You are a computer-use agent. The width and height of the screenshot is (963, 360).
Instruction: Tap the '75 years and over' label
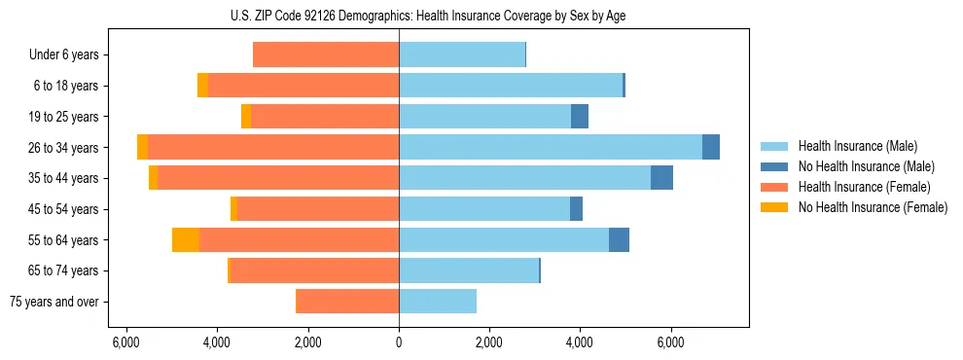point(54,302)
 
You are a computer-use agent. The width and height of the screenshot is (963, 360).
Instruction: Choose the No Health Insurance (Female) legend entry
point(873,207)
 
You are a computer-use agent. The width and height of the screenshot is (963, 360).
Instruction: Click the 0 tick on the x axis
point(399,342)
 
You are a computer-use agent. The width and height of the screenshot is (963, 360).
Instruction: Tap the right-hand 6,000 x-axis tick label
point(671,342)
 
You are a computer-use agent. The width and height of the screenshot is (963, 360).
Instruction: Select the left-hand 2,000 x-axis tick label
point(307,342)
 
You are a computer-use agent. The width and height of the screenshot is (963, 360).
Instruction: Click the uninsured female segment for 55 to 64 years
point(186,239)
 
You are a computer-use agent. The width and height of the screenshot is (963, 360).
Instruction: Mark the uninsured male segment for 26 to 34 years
point(711,147)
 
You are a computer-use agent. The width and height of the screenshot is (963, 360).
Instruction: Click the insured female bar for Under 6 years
point(326,54)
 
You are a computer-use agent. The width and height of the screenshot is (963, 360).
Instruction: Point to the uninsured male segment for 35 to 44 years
point(661,178)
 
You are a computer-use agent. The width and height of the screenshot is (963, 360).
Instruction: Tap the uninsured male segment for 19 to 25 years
point(580,117)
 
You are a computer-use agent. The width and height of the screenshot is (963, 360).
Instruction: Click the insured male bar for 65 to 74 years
point(469,270)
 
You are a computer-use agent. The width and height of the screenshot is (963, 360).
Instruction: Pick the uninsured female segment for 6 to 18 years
point(202,86)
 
